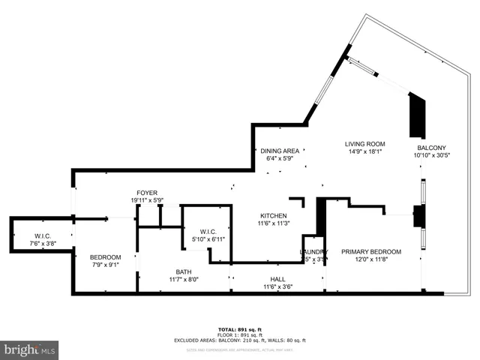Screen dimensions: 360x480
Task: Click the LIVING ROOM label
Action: coord(365,144)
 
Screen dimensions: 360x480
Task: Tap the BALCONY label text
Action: coord(431,148)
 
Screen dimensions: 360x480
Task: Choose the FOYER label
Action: coord(146,193)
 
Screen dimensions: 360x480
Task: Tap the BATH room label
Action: coord(184,271)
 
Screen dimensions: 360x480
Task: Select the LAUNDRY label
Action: coord(314,252)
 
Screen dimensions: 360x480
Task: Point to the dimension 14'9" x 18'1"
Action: coord(365,151)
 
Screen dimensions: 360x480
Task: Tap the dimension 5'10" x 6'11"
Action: coord(207,239)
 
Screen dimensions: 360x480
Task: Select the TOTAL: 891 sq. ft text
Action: coord(240,329)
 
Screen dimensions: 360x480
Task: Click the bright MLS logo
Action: coord(30,349)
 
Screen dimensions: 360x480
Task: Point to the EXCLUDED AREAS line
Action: coord(240,340)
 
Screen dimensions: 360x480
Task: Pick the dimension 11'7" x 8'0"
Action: coord(184,279)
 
